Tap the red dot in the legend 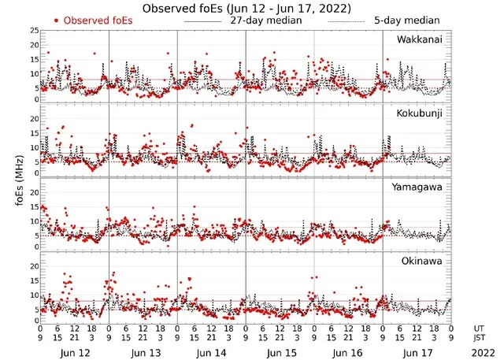pyautogui.click(x=56, y=20)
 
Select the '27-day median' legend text pyautogui.click(x=265, y=20)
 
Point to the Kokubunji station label pyautogui.click(x=420, y=113)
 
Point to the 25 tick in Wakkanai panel pyautogui.click(x=34, y=31)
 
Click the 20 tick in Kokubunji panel pyautogui.click(x=34, y=118)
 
